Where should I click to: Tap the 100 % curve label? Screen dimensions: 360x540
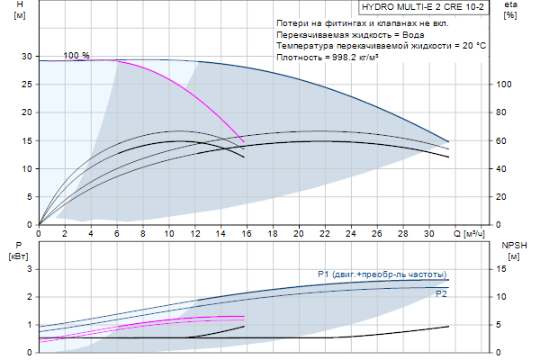(x=76, y=55)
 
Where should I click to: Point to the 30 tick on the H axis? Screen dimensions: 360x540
(x=28, y=56)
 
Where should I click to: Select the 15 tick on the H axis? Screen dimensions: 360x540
(x=28, y=140)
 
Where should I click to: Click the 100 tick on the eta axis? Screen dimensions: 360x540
(x=505, y=85)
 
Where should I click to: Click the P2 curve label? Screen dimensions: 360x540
(x=441, y=294)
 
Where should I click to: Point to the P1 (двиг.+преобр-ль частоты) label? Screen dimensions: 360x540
(x=382, y=274)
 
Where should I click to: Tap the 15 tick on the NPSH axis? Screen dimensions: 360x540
(x=505, y=268)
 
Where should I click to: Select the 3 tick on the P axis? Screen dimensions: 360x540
(x=29, y=268)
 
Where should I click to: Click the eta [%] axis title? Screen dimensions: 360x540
(x=510, y=10)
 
